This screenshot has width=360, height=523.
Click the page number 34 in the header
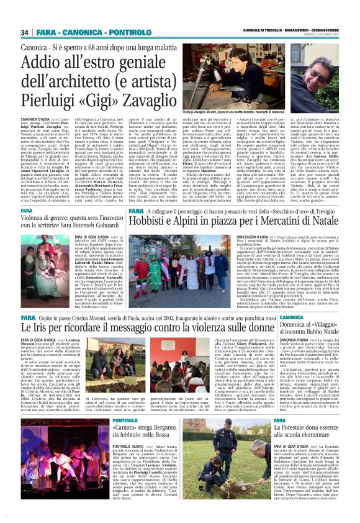(x=25, y=32)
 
